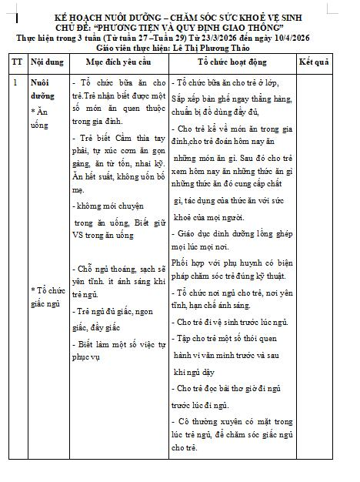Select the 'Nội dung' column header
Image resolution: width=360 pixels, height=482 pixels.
click(46, 59)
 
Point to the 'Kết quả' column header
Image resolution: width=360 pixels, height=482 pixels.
click(314, 59)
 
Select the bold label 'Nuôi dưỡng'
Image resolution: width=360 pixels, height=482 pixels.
click(43, 87)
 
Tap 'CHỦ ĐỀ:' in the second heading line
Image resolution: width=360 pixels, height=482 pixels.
click(100, 26)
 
